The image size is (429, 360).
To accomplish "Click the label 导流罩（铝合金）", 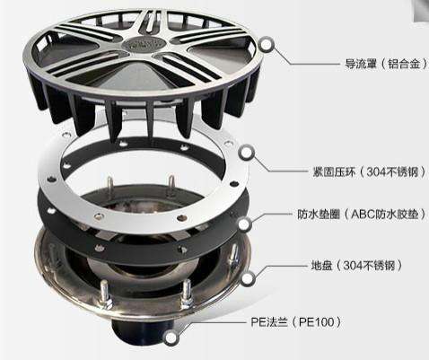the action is [x=387, y=64].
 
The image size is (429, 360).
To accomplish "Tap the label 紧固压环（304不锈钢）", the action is [x=369, y=172].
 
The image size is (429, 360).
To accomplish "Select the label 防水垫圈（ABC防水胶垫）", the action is [x=362, y=215].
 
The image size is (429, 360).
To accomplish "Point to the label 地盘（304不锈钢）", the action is [x=356, y=266].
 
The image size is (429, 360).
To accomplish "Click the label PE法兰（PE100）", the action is [x=296, y=322].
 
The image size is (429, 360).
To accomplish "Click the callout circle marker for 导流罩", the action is [x=267, y=45].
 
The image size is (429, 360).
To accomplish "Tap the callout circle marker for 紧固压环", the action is [x=247, y=153].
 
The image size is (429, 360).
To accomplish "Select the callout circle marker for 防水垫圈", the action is [x=245, y=224].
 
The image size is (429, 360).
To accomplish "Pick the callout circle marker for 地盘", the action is [x=248, y=279].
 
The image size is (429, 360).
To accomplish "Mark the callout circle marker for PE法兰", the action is [x=171, y=338].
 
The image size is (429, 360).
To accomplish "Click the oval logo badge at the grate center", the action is [x=144, y=44].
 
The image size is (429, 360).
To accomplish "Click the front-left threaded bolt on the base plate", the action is [x=105, y=294].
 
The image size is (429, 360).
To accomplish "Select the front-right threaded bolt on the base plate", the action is [x=186, y=294].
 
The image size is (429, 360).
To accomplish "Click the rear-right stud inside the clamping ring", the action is [x=171, y=184].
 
